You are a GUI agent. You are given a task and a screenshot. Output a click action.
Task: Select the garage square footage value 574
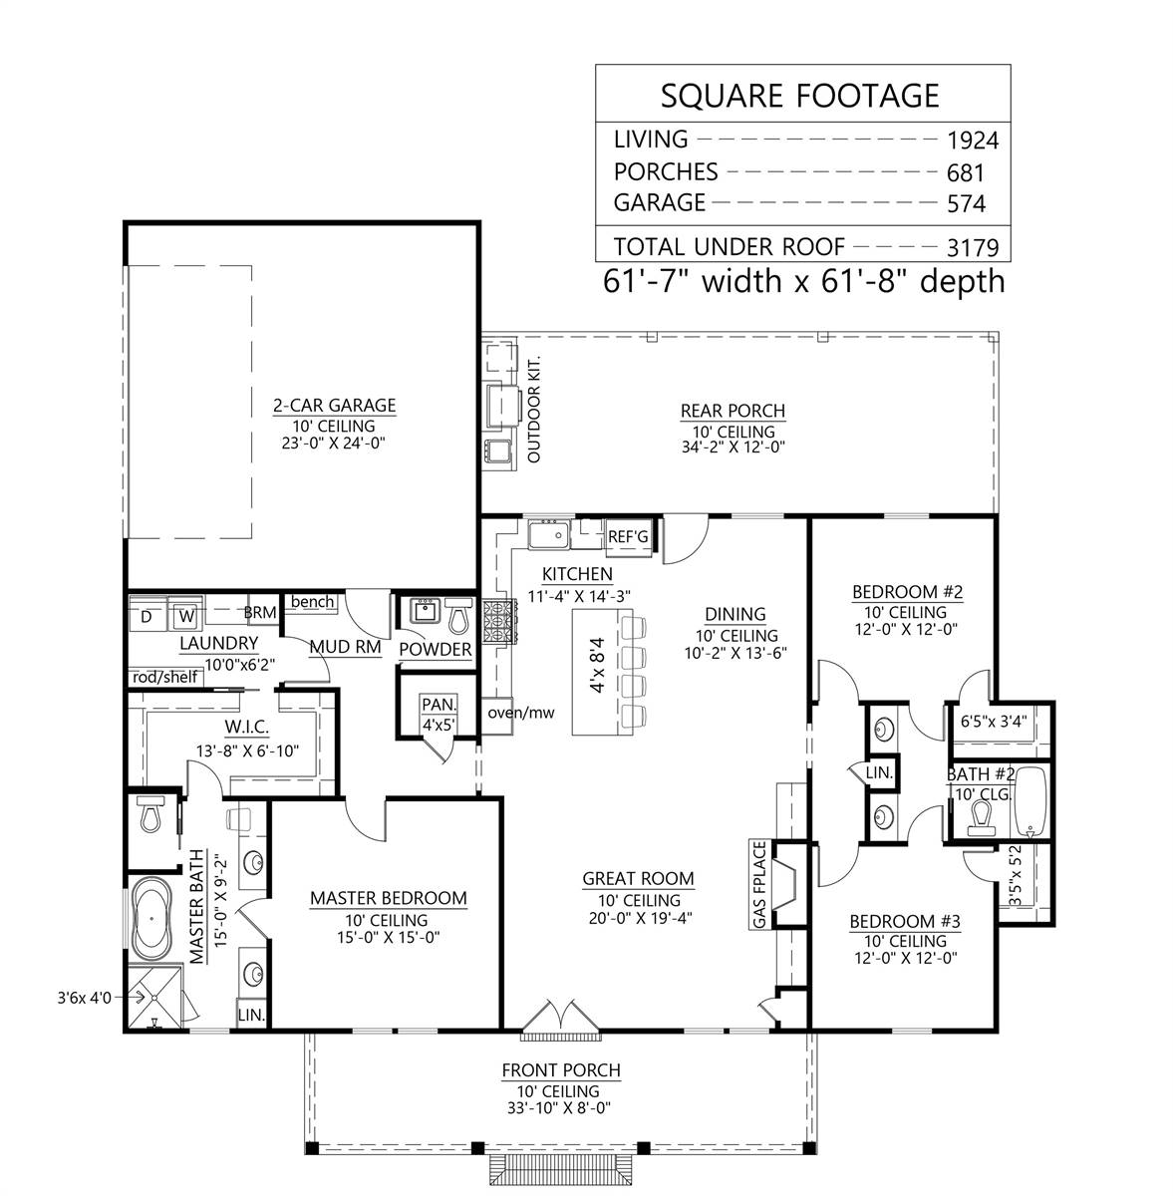(x=966, y=204)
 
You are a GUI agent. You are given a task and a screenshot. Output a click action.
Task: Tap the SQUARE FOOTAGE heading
(x=800, y=95)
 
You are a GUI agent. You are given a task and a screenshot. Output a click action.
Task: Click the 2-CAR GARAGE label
(x=334, y=406)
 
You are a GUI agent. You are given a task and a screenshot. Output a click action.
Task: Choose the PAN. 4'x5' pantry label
(x=438, y=714)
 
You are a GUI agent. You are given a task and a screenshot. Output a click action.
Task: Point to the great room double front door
(x=562, y=1015)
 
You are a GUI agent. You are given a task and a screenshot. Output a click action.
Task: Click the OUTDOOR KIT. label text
(x=532, y=409)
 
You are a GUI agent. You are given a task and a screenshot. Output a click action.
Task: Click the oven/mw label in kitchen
(x=520, y=713)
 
